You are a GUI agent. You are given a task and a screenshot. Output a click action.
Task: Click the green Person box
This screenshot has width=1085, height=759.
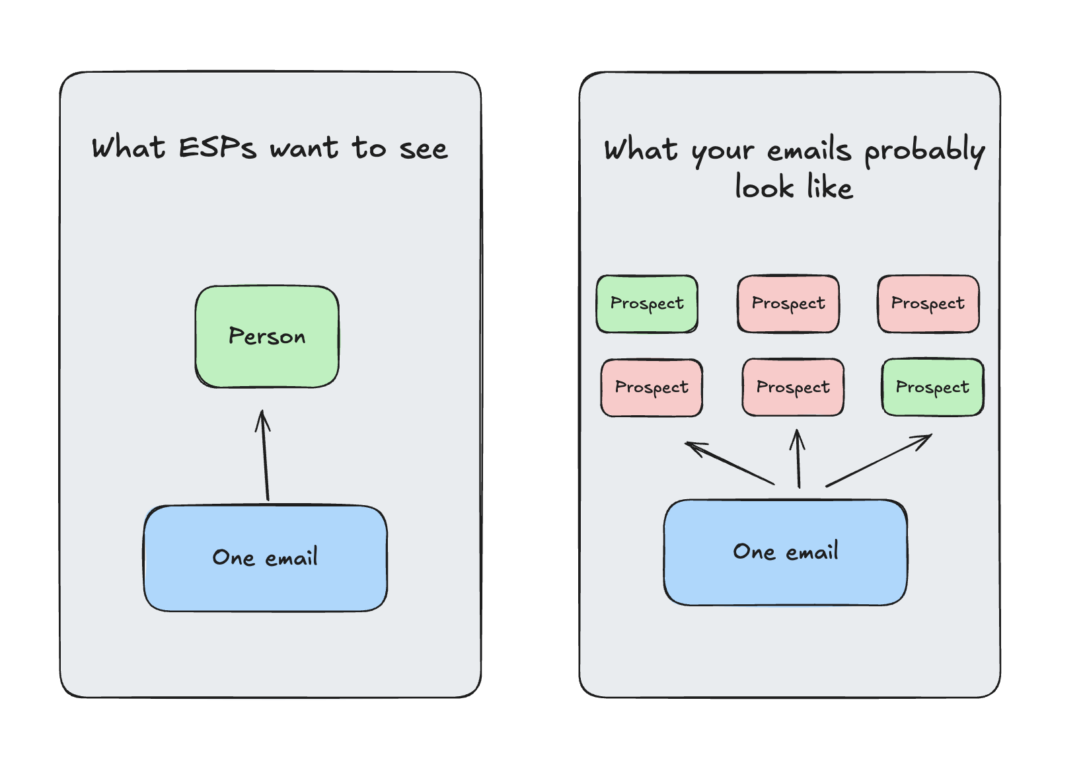click(267, 337)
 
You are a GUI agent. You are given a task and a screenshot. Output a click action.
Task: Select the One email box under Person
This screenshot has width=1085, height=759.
click(265, 558)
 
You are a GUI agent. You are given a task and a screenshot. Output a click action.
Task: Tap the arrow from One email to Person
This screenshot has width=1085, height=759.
click(266, 456)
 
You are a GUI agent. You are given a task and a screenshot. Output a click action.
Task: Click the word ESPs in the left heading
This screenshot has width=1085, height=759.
click(217, 147)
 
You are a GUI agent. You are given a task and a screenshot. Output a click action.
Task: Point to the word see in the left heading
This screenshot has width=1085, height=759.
click(424, 149)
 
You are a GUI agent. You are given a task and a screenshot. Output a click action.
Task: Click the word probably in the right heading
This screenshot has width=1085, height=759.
click(924, 151)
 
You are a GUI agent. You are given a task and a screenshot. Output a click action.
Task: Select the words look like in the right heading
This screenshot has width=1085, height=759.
click(794, 187)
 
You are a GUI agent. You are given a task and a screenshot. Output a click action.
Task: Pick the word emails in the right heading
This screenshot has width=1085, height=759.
click(809, 150)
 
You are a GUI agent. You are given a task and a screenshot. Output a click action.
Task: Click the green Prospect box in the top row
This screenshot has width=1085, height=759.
click(647, 303)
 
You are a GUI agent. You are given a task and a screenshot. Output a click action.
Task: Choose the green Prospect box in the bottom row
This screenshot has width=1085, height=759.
click(932, 387)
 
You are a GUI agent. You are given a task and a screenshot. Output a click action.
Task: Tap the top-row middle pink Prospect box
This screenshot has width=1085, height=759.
click(788, 303)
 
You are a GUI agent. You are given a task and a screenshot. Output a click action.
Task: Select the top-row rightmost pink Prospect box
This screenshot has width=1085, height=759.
click(928, 303)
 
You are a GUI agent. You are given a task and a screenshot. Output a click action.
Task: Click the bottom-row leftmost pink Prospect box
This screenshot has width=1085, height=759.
click(652, 387)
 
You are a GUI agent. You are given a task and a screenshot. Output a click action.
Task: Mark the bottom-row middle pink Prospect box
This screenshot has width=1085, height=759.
click(793, 387)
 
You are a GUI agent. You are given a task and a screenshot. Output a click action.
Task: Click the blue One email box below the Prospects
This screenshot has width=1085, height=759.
click(785, 552)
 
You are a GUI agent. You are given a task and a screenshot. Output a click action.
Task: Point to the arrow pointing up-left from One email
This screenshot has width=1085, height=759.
click(730, 463)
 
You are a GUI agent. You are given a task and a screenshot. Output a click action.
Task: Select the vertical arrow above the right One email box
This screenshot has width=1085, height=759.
click(798, 459)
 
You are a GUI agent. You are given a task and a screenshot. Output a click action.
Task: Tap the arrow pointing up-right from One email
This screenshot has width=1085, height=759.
click(879, 460)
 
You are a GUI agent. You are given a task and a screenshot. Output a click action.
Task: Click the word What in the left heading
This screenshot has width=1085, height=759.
click(128, 147)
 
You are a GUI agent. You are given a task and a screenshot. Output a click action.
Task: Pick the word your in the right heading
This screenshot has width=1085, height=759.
click(722, 151)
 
